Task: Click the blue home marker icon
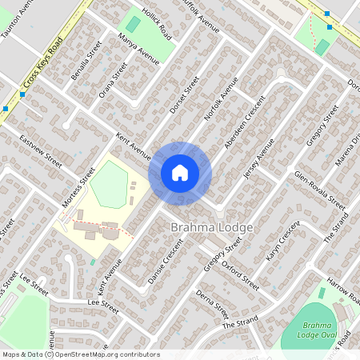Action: pyautogui.click(x=180, y=172)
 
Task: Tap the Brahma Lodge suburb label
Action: pyautogui.click(x=212, y=228)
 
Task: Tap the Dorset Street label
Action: pyautogui.click(x=184, y=95)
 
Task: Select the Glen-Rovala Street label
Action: pyautogui.click(x=319, y=190)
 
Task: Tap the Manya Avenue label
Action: pyautogui.click(x=138, y=50)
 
